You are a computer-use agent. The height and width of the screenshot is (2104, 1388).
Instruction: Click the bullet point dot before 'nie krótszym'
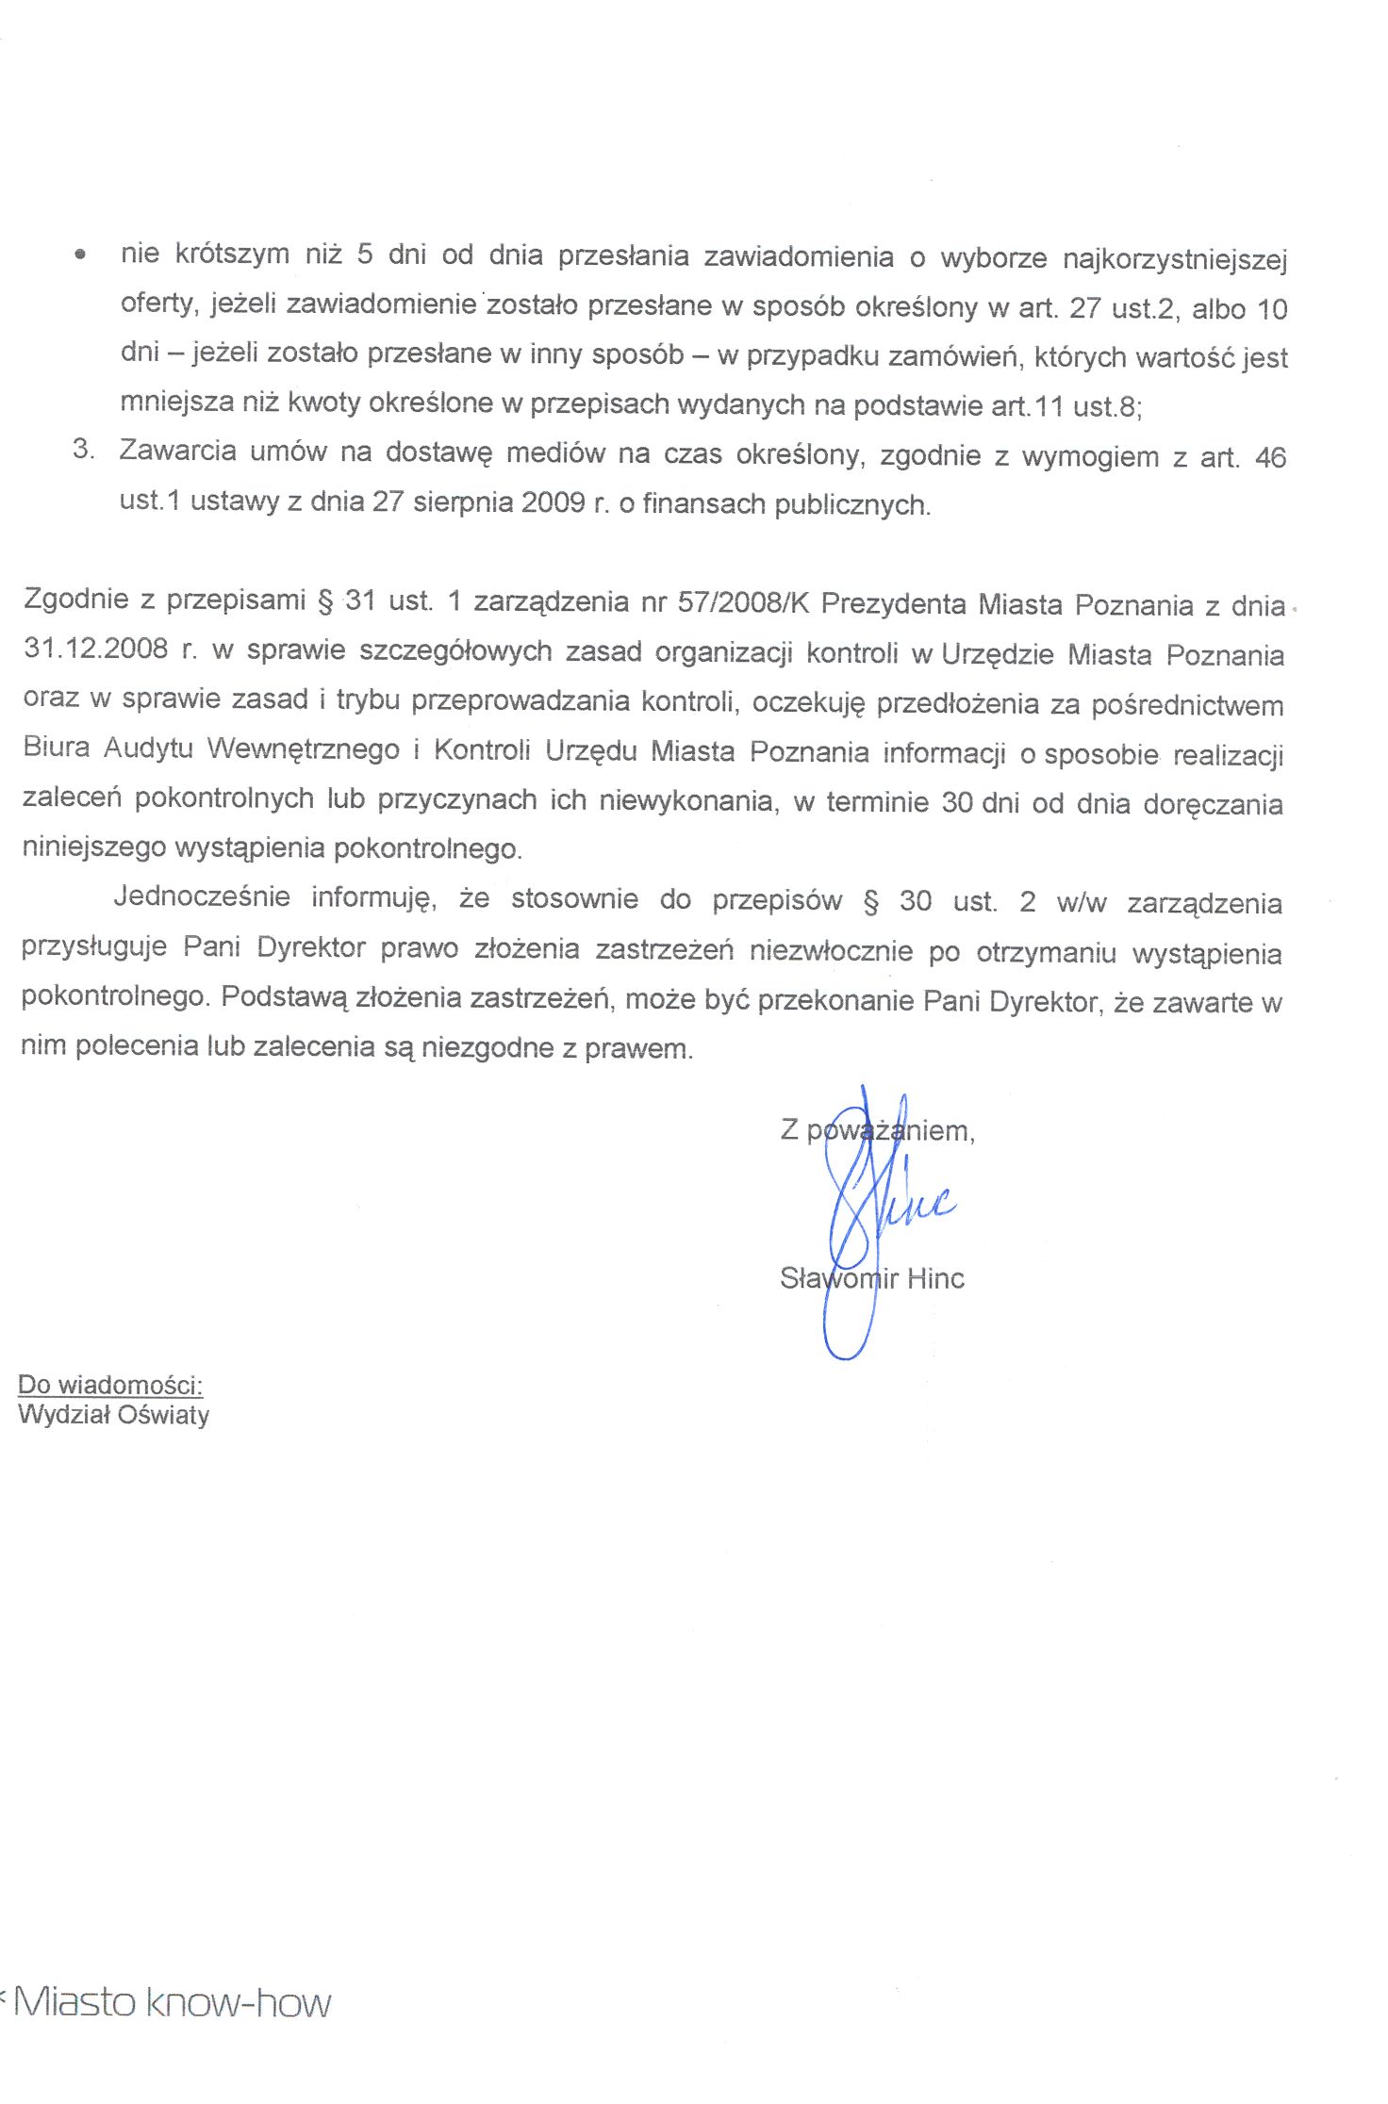point(83,255)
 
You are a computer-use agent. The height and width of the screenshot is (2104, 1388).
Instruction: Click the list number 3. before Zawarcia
point(83,449)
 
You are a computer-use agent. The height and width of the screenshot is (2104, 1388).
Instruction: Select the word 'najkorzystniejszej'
point(1174,259)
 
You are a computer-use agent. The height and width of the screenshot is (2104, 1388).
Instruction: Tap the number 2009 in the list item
point(553,501)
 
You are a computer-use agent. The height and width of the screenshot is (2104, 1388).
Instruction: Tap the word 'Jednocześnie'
point(202,896)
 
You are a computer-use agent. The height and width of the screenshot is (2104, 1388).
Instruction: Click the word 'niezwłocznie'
point(831,950)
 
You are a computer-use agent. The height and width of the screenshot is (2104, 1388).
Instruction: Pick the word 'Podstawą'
point(284,997)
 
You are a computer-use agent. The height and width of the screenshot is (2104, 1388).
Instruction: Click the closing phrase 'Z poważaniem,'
point(877,1129)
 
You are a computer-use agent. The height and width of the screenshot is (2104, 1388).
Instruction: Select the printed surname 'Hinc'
point(935,1278)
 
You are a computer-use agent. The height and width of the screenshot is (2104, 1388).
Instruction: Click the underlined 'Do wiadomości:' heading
point(110,1385)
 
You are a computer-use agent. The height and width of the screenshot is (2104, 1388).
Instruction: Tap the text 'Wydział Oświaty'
point(113,1415)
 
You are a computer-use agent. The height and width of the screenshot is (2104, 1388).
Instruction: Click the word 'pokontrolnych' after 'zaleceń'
point(223,798)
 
